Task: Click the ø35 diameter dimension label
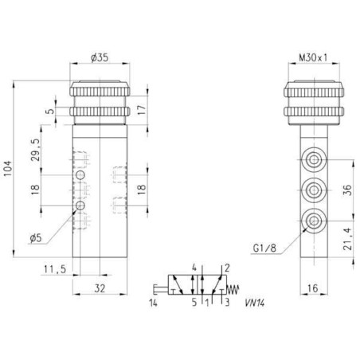tap(100, 57)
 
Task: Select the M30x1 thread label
tap(313, 57)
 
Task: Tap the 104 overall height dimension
tap(8, 169)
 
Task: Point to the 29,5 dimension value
tap(36, 150)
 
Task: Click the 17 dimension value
tap(142, 110)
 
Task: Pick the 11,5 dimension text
tap(55, 269)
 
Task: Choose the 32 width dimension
tap(100, 288)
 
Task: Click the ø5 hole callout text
tap(36, 237)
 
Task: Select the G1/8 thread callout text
tap(264, 248)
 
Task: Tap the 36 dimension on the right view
tap(347, 190)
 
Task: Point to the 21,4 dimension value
tap(347, 239)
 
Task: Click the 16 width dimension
tap(313, 288)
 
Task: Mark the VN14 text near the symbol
tap(255, 303)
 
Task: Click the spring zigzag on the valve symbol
tap(233, 289)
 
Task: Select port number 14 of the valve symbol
tap(153, 303)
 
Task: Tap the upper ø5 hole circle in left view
tap(80, 175)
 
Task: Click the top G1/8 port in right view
tap(314, 159)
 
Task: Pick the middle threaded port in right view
tap(314, 190)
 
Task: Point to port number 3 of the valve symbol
tap(227, 303)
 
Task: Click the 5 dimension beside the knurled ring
tap(50, 111)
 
